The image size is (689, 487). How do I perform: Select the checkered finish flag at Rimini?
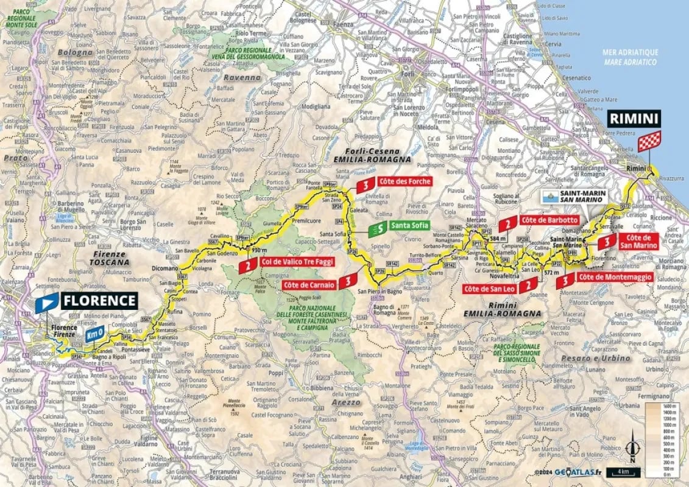click(x=649, y=141)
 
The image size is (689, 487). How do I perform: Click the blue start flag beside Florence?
click(x=47, y=303)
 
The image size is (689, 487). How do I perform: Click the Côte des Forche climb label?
click(x=405, y=181)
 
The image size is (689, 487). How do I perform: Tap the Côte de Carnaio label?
click(x=309, y=284)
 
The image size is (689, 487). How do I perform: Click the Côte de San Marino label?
click(x=638, y=241)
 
